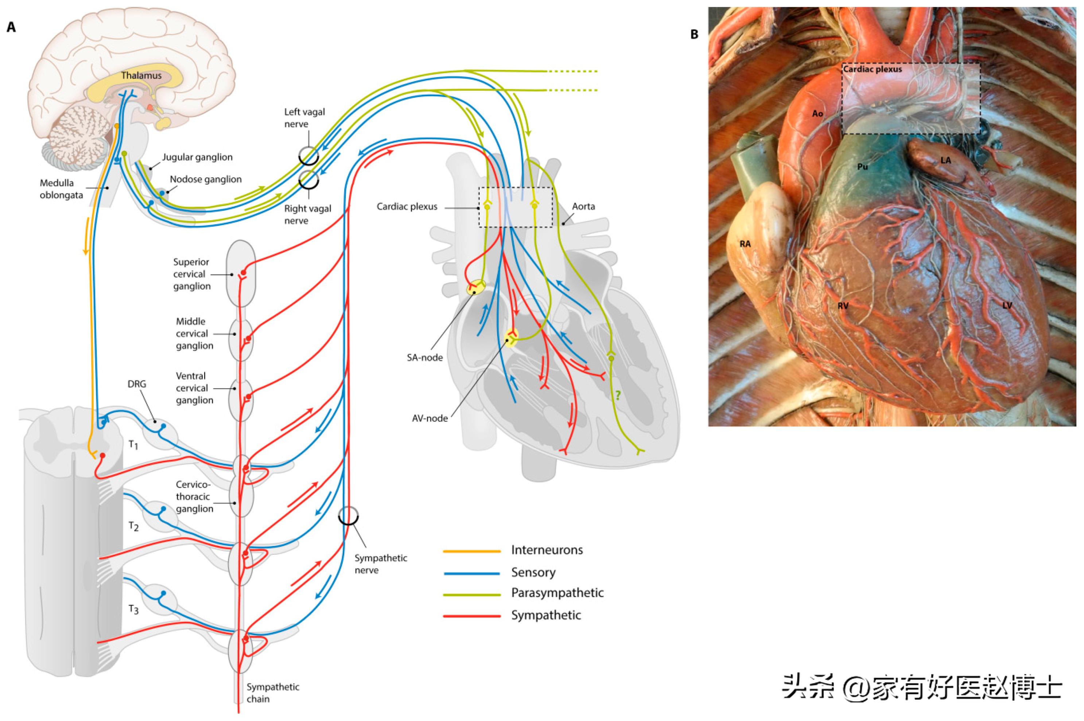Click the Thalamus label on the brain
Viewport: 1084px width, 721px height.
tap(141, 75)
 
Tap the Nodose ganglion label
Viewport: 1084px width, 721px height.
tap(206, 179)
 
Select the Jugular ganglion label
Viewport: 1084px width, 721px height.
tap(197, 157)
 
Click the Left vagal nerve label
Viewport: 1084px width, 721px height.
tap(304, 118)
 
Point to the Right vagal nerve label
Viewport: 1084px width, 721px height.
tap(307, 214)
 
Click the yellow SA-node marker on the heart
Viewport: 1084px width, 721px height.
tap(475, 288)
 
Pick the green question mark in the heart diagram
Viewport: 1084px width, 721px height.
tap(618, 395)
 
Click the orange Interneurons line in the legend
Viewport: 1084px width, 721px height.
tap(471, 550)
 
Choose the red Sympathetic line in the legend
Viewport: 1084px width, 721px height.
tap(471, 616)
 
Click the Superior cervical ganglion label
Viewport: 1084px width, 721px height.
tap(191, 274)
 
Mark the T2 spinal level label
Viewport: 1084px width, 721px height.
tap(133, 526)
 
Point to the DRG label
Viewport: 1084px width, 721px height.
tap(137, 383)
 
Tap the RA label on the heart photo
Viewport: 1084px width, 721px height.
tap(745, 244)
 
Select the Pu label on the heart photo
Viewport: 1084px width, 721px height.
tap(862, 167)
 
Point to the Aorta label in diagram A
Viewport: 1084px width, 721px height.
tap(583, 206)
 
